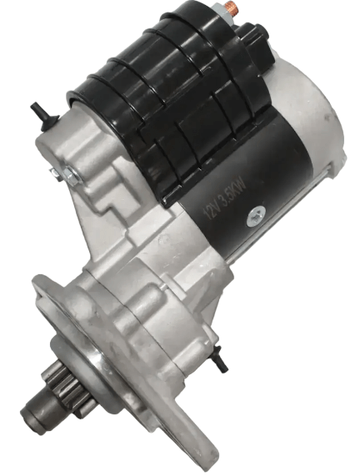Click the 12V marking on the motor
[211, 210]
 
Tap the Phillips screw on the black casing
[256, 217]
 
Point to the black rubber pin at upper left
[42, 115]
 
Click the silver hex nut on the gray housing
[72, 176]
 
